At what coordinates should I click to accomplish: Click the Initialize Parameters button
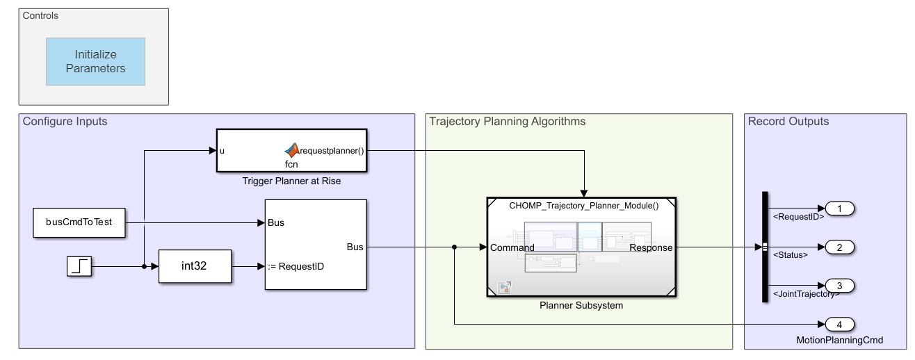coord(96,61)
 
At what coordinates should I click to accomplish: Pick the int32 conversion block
coord(195,266)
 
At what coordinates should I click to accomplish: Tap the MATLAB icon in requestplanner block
coord(291,150)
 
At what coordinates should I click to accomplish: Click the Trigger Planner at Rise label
coord(291,181)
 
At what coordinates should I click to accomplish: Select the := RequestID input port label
coord(296,266)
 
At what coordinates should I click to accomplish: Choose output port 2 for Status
coord(839,247)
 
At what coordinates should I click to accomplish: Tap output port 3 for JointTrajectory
coord(839,286)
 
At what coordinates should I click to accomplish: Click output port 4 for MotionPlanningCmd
coord(839,324)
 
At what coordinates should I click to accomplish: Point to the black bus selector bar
coord(765,247)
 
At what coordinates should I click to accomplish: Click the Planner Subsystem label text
coord(581,305)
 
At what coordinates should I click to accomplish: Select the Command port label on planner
coord(512,247)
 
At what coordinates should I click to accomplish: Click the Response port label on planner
coord(651,247)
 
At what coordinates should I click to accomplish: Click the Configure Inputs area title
coord(65,122)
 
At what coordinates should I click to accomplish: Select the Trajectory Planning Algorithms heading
coord(507,122)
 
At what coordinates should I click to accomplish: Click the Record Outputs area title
coord(788,122)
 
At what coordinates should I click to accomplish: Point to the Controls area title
coord(41,15)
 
